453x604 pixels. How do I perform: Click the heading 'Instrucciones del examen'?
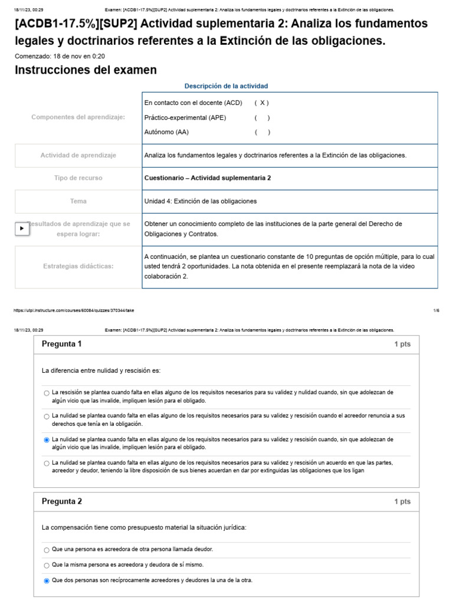click(86, 70)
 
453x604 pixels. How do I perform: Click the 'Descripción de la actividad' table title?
click(226, 86)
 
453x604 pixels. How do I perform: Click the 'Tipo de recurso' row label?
click(78, 178)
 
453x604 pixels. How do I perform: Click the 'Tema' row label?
click(78, 201)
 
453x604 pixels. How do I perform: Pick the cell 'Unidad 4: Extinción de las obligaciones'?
click(201, 201)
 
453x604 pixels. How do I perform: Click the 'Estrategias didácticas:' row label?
click(78, 266)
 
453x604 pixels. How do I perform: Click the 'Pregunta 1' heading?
click(62, 344)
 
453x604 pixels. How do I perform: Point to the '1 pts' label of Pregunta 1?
click(402, 344)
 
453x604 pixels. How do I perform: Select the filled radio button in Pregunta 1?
click(47, 439)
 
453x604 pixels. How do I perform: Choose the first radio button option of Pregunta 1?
click(47, 393)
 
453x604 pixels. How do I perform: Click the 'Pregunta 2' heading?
click(62, 501)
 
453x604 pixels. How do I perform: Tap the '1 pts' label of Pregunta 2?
click(402, 502)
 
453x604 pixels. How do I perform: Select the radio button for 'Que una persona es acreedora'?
click(47, 550)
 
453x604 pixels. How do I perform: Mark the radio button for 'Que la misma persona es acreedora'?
click(47, 565)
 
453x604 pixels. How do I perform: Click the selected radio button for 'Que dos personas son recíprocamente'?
click(47, 581)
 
